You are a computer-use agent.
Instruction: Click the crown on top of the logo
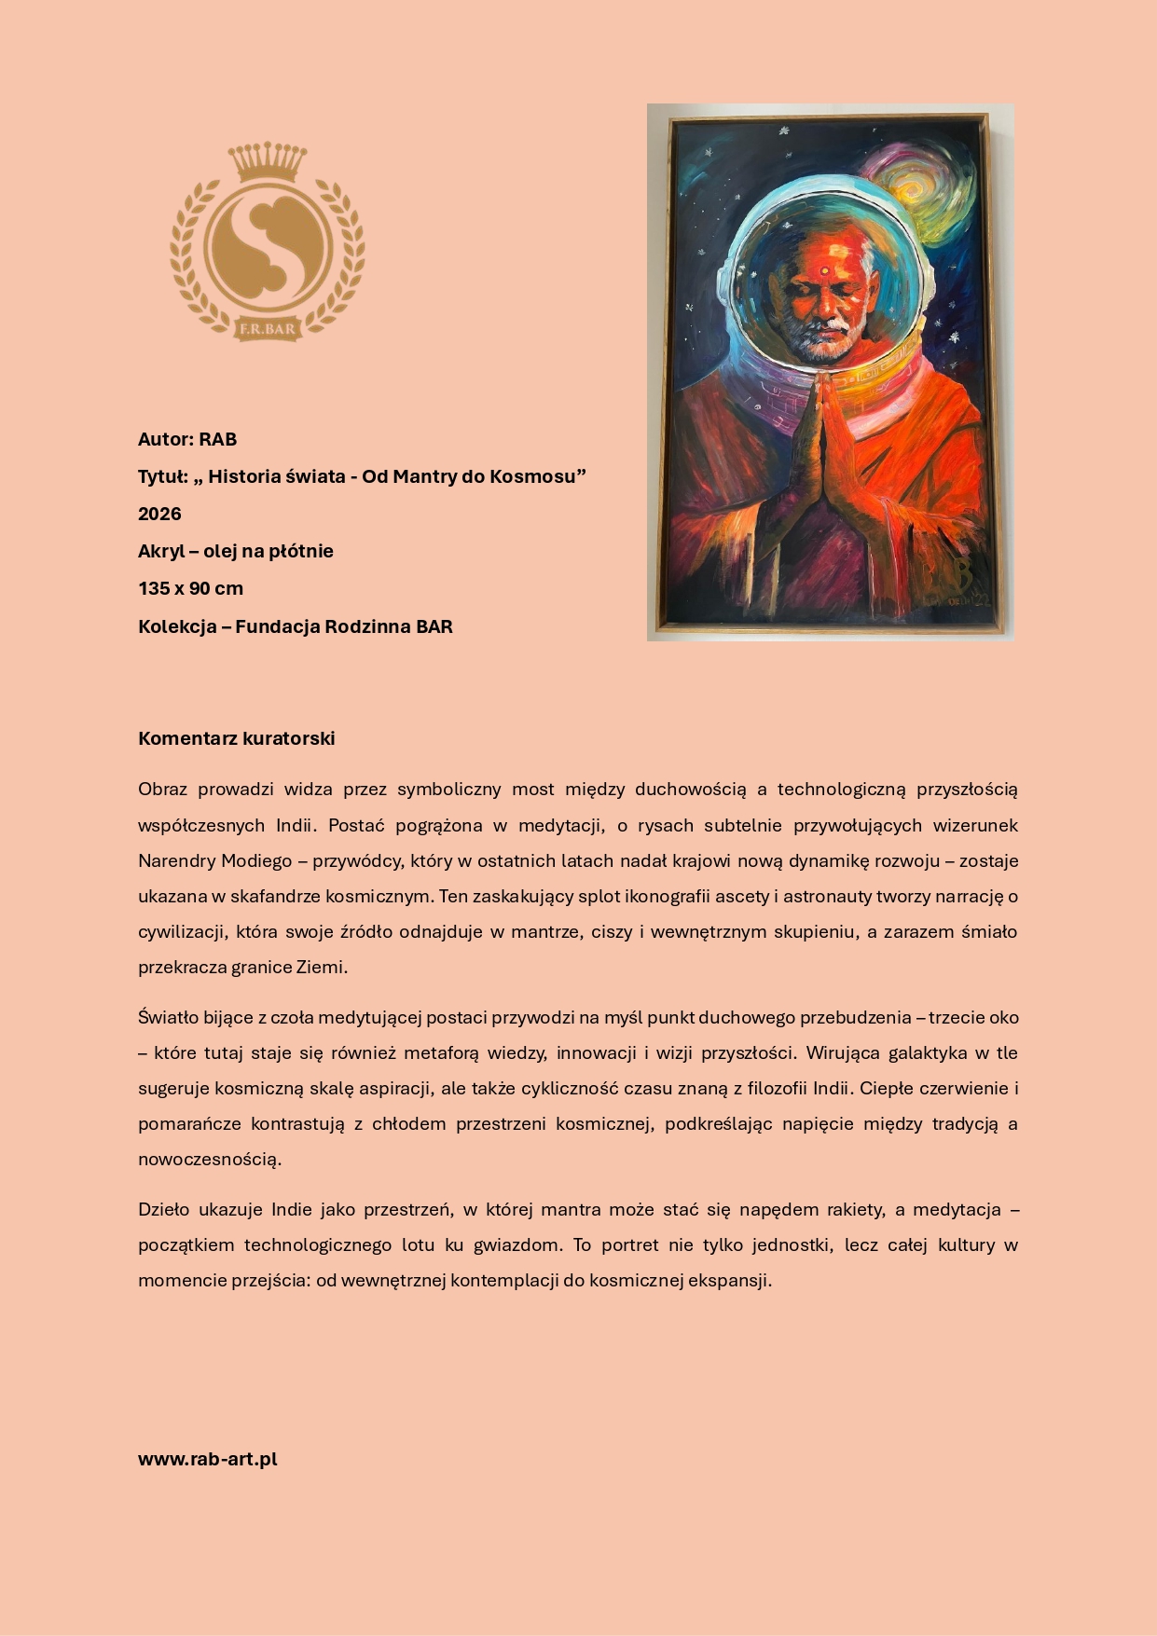pos(268,162)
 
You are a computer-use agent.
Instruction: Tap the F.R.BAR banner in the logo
pos(268,328)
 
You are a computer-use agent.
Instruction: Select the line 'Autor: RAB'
pos(187,439)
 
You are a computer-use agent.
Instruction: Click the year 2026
pos(159,514)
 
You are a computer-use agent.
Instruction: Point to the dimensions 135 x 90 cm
pos(190,588)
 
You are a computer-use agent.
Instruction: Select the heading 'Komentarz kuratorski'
pos(236,738)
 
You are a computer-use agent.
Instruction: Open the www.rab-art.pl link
pos(208,1459)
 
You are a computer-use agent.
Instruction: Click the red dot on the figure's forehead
pos(824,271)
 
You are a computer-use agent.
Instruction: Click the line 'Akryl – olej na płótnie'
pos(236,551)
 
